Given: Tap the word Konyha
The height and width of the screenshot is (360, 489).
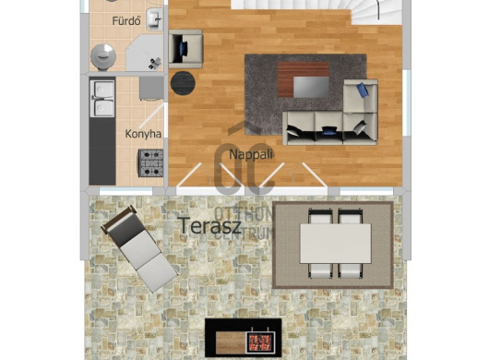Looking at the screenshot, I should pyautogui.click(x=143, y=134).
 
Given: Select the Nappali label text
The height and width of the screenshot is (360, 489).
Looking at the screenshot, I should pyautogui.click(x=250, y=153).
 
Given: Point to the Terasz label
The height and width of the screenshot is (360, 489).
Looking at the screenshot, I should pyautogui.click(x=210, y=224).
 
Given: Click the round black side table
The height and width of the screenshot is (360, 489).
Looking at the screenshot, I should pyautogui.click(x=183, y=82).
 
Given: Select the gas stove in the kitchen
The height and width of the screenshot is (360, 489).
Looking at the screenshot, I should pyautogui.click(x=150, y=163).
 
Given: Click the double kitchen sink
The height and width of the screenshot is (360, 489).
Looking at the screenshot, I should pyautogui.click(x=101, y=96).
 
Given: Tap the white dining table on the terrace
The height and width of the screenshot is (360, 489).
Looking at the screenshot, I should pyautogui.click(x=334, y=244).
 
